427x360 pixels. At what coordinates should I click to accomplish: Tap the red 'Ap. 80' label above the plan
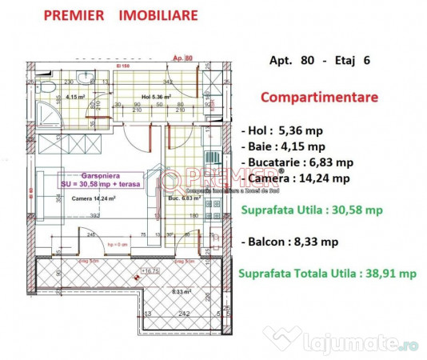tap(183, 58)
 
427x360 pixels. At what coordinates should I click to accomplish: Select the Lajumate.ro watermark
tap(381, 345)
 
